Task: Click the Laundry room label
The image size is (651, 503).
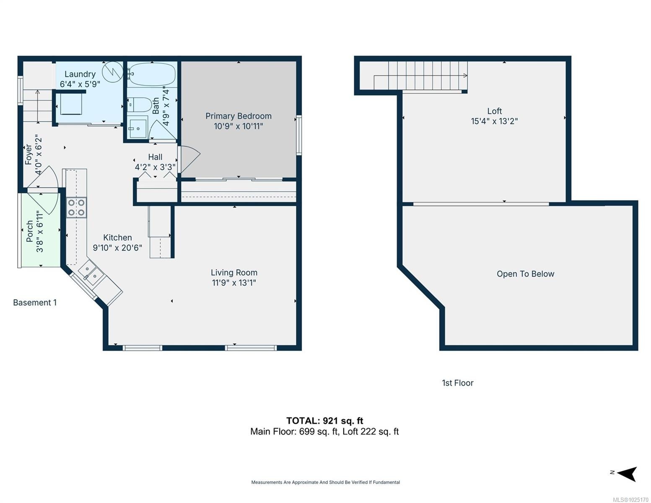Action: click(x=80, y=74)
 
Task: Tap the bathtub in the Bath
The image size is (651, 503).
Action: click(x=152, y=74)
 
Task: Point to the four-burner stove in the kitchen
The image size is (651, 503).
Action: click(x=76, y=207)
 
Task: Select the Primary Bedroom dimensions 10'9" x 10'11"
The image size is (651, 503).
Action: click(x=238, y=126)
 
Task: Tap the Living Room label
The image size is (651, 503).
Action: click(x=234, y=272)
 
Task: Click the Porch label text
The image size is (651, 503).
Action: click(x=29, y=231)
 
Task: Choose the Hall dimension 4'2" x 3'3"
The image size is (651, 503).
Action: click(x=155, y=167)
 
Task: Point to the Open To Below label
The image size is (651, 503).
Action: click(x=525, y=274)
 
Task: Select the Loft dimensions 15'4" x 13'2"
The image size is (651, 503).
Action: click(x=494, y=121)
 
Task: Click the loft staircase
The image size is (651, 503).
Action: click(x=420, y=75)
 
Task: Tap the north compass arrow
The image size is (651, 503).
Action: click(x=626, y=474)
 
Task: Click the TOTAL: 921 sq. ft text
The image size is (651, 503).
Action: click(x=325, y=420)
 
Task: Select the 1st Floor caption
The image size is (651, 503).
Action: click(x=457, y=383)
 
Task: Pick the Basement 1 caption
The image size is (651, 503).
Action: click(x=35, y=303)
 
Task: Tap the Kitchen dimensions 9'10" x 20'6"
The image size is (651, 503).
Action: click(x=117, y=248)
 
